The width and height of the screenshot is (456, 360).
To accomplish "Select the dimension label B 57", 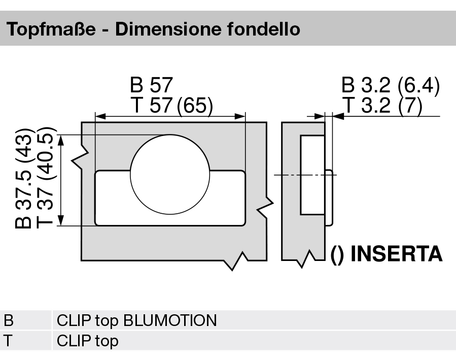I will [x=152, y=84].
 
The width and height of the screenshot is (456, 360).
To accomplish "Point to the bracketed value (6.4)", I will [x=418, y=85].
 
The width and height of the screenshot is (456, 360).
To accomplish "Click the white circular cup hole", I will [x=169, y=173].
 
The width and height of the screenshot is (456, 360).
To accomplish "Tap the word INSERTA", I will [x=396, y=254].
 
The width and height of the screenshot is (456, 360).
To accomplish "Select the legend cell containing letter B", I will [x=9, y=321].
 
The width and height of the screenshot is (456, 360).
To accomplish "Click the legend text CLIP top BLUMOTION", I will [x=136, y=321].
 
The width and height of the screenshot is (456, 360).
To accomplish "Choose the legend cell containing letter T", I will [x=9, y=340].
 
